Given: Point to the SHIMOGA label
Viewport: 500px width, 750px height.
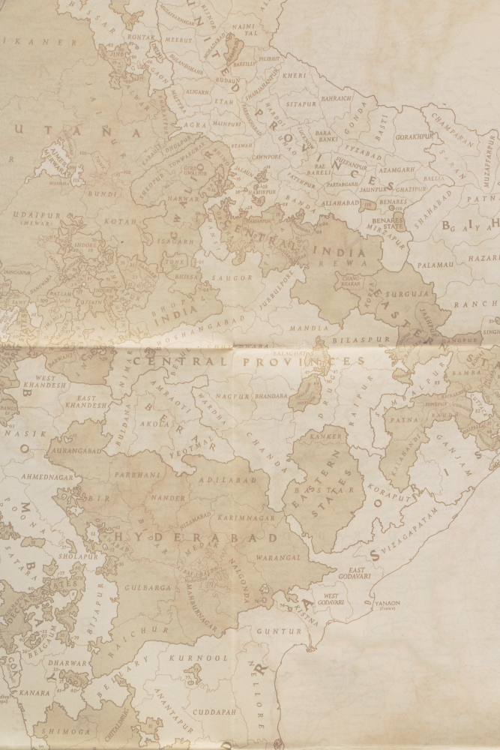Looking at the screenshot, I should (65, 730).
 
